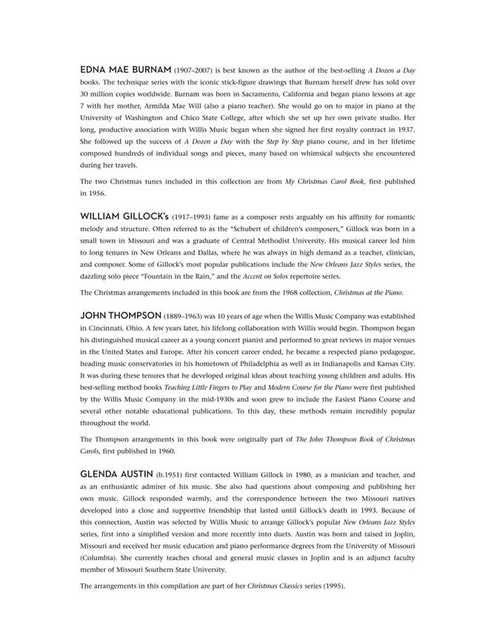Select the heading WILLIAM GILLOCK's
click(124, 216)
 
